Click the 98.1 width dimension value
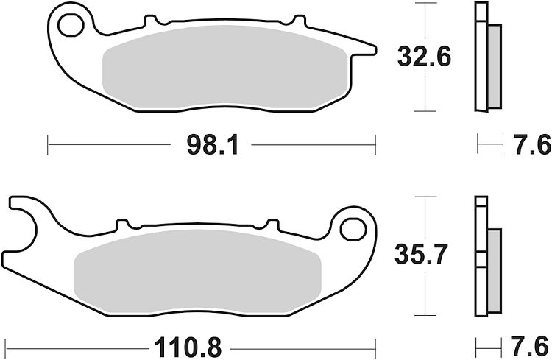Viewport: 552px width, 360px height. pos(213,145)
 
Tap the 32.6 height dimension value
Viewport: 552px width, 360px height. pos(424,57)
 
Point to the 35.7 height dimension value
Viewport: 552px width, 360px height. pos(421,254)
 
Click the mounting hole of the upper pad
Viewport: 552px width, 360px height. pos(71,25)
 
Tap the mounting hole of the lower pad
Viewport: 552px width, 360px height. pos(353,229)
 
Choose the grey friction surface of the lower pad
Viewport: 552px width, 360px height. pos(197,272)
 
